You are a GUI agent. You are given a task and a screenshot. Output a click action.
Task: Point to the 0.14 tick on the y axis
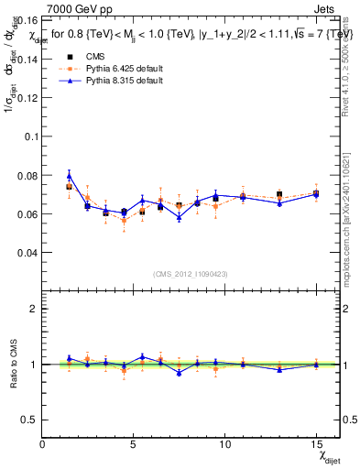tap(27, 59)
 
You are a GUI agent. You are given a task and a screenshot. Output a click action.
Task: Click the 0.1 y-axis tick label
tap(30, 136)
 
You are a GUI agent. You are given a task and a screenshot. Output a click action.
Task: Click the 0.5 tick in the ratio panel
tap(30, 420)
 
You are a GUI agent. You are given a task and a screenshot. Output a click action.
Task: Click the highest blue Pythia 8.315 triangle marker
tap(70, 175)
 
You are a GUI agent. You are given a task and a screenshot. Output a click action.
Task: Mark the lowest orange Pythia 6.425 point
tap(124, 221)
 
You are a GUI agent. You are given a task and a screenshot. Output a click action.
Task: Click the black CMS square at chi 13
tap(279, 194)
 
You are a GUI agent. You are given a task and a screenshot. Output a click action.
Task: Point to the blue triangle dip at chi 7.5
tap(179, 217)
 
